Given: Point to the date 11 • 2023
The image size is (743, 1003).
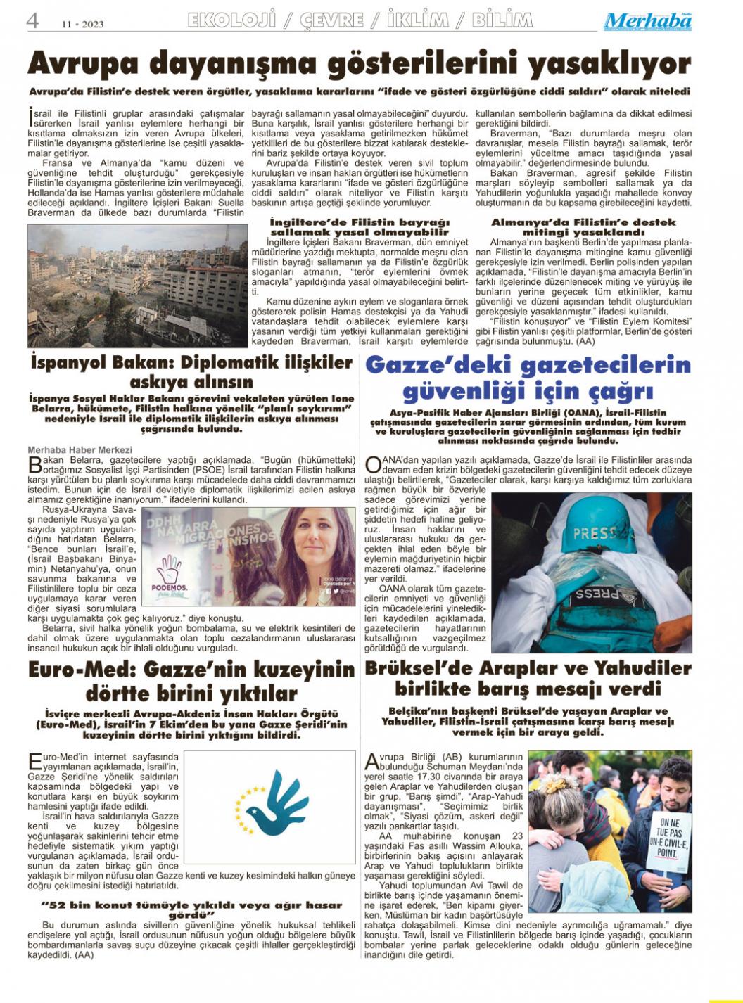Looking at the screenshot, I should (x=82, y=24).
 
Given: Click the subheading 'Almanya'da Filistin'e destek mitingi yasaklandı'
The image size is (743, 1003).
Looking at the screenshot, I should (x=583, y=226).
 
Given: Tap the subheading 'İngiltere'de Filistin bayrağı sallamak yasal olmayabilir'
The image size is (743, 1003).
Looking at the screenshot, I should (x=359, y=226).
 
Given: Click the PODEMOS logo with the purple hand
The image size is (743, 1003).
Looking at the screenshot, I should (x=170, y=576).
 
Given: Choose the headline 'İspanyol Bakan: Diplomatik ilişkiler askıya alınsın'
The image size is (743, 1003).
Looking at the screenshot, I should (x=191, y=372).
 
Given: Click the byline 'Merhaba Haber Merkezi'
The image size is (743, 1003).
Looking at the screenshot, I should (x=80, y=449).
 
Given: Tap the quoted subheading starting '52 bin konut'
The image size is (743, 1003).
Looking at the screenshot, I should (x=191, y=910).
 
